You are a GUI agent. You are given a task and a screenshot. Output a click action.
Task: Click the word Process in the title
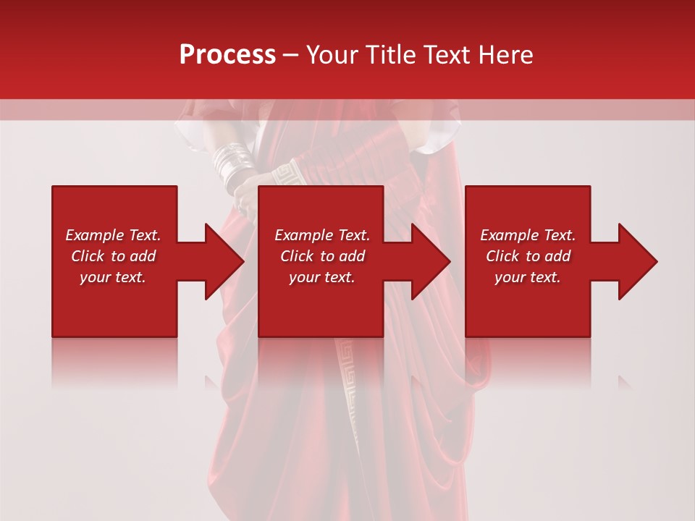click(227, 55)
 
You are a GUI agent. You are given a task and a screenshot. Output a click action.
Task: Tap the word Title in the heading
click(391, 55)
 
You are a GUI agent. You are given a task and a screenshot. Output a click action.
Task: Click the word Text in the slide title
click(447, 55)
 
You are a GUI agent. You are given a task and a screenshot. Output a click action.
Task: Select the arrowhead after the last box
click(636, 261)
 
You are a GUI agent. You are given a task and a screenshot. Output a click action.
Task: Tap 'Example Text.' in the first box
click(113, 235)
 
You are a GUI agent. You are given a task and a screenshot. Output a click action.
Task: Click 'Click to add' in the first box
click(113, 256)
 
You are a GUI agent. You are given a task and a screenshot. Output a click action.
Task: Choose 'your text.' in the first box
click(113, 277)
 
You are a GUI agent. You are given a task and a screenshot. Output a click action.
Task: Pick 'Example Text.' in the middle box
click(322, 235)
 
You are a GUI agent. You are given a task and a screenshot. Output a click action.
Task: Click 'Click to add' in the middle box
click(322, 256)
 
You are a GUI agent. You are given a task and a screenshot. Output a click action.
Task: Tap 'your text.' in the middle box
click(322, 277)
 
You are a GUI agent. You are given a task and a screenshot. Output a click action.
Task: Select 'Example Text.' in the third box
click(528, 235)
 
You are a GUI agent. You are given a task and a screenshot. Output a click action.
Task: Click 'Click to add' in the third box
click(528, 256)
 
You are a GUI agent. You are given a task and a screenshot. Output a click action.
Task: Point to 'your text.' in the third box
click(528, 277)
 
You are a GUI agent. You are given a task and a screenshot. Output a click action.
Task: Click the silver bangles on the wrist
click(233, 163)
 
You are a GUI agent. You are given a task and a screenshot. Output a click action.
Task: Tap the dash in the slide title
click(290, 55)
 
